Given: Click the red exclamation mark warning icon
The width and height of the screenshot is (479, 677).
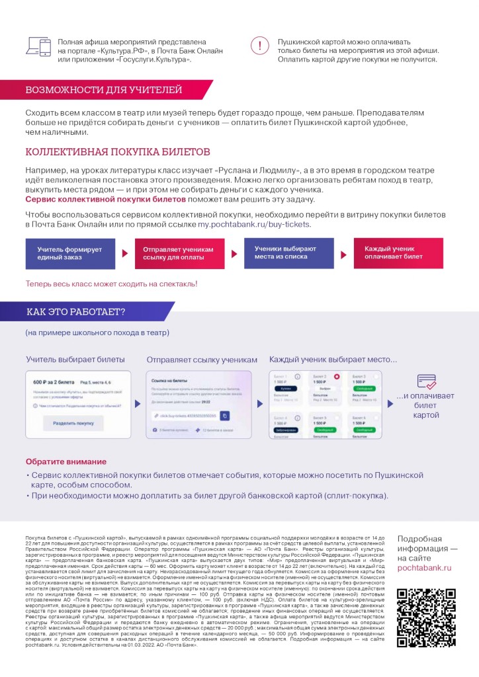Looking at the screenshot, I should (260, 46).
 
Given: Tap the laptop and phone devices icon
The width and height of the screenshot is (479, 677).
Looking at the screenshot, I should (38, 46).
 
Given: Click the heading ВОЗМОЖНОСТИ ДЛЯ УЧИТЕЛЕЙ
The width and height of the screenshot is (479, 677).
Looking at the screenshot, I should (103, 90).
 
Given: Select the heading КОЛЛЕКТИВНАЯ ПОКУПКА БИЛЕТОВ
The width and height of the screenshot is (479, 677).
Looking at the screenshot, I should (117, 152).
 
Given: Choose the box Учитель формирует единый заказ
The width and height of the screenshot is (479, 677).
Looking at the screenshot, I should (70, 253).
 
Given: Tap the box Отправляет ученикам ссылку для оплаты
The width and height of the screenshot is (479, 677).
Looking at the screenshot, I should (179, 253).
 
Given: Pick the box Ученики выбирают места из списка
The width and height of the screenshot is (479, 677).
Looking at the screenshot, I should (288, 253).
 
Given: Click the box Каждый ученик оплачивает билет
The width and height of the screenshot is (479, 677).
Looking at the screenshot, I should (398, 253).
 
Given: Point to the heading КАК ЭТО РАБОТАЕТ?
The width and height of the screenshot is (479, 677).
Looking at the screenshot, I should (75, 312).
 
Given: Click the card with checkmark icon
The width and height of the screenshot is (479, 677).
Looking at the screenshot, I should (426, 381).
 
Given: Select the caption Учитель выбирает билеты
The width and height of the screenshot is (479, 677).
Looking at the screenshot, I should (75, 360).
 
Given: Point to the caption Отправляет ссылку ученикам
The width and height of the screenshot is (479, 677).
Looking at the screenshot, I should (201, 360).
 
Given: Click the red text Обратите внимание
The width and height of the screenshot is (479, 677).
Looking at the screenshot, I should (65, 461).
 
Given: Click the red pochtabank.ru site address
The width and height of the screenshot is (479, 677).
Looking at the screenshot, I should (424, 567).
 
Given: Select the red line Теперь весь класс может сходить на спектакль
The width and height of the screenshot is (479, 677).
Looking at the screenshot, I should (111, 284).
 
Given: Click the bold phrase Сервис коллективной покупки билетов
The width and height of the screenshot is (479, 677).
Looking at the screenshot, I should (95, 199).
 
